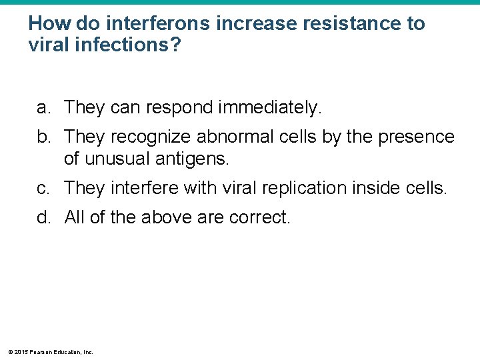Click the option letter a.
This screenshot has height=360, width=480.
[x=43, y=107]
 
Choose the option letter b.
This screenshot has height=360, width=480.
[x=43, y=137]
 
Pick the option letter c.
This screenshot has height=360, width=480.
[x=43, y=189]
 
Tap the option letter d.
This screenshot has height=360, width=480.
[x=43, y=218]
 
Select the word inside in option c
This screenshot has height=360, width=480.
[x=370, y=189]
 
